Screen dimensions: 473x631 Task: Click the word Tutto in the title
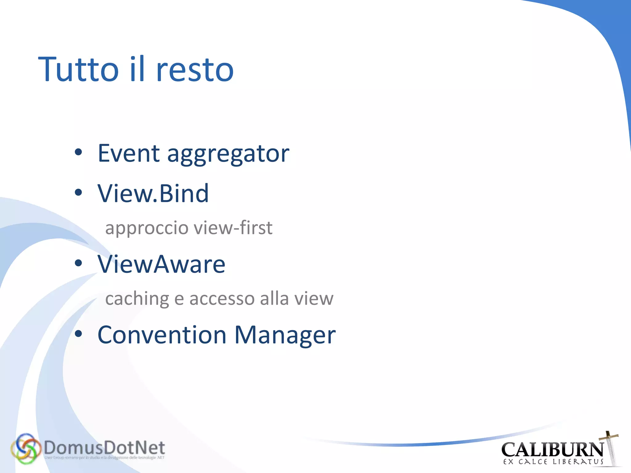[79, 70]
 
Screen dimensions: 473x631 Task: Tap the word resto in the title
[195, 70]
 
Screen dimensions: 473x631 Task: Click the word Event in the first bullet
[129, 153]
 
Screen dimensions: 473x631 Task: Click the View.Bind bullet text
[153, 193]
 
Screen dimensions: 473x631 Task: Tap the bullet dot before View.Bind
[79, 193]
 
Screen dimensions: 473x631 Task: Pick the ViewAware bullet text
[161, 264]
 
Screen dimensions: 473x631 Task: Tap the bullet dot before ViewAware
[79, 263]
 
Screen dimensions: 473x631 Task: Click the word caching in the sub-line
[137, 299]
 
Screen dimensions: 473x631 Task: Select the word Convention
[162, 335]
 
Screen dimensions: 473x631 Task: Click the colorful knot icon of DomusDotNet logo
[26, 449]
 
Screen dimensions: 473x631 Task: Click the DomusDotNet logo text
[104, 448]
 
